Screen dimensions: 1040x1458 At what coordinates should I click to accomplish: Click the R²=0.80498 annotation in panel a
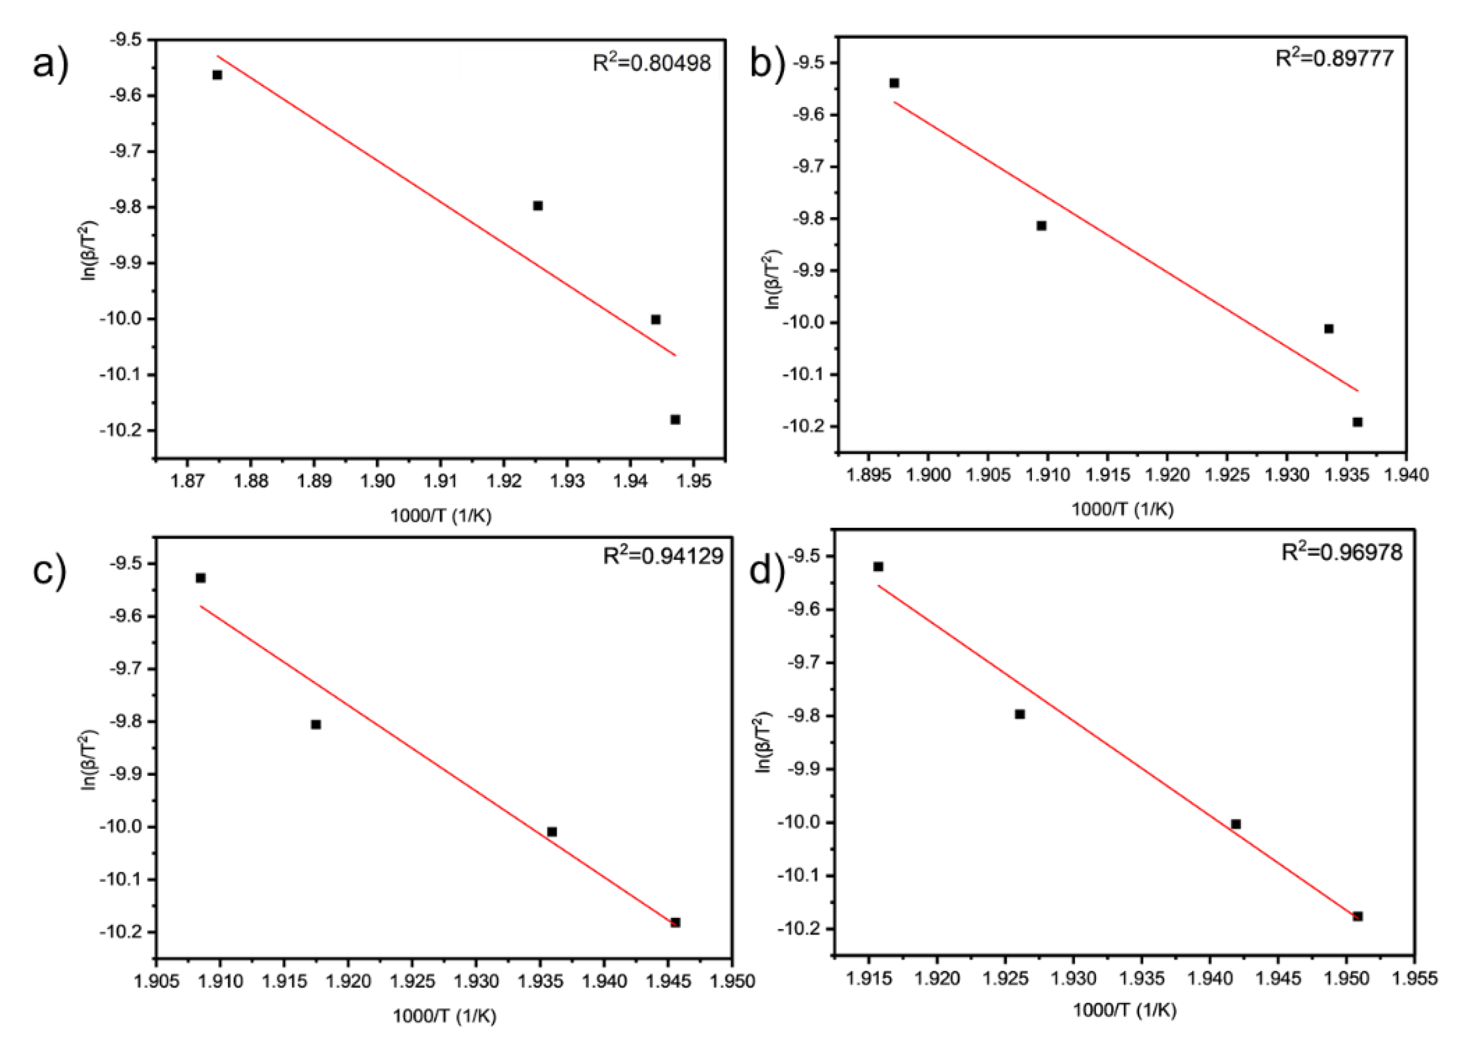651,63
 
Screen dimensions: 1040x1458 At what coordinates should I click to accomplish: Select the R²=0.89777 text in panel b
1334,58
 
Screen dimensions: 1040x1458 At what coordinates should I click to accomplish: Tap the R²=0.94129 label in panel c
663,556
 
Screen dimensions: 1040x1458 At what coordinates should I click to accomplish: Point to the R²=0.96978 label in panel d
1341,552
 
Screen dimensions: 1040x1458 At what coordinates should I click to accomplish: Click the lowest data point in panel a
675,420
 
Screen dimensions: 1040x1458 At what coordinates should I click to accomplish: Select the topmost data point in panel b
894,83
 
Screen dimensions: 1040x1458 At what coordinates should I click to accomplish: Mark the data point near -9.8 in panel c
316,724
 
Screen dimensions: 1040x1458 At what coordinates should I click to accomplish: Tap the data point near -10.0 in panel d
1236,824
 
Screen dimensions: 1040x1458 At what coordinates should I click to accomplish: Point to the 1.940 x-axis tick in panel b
1406,475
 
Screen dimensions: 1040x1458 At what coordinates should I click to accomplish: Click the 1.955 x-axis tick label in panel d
1415,978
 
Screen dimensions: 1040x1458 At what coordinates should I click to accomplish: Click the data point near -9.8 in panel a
538,206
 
